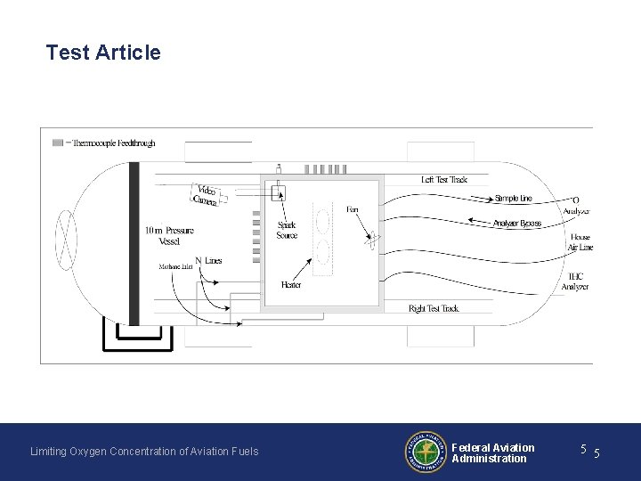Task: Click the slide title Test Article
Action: pyautogui.click(x=103, y=53)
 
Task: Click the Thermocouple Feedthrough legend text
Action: pyautogui.click(x=113, y=143)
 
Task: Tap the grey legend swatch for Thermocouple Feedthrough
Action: pyautogui.click(x=58, y=143)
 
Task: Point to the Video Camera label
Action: pyautogui.click(x=206, y=196)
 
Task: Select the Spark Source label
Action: pyautogui.click(x=287, y=231)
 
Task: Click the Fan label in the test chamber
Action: pyautogui.click(x=353, y=209)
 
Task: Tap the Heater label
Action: pyautogui.click(x=290, y=285)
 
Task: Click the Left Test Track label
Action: pyautogui.click(x=443, y=180)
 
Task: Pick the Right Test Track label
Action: pyautogui.click(x=434, y=308)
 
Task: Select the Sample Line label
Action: pyautogui.click(x=514, y=199)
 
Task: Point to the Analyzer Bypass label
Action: pyautogui.click(x=517, y=223)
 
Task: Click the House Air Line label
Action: pyautogui.click(x=580, y=242)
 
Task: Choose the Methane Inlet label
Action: pyautogui.click(x=176, y=266)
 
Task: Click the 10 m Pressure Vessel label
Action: pyautogui.click(x=169, y=236)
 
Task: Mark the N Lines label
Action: pyautogui.click(x=208, y=260)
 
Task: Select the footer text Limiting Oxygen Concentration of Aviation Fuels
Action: pyautogui.click(x=144, y=452)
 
